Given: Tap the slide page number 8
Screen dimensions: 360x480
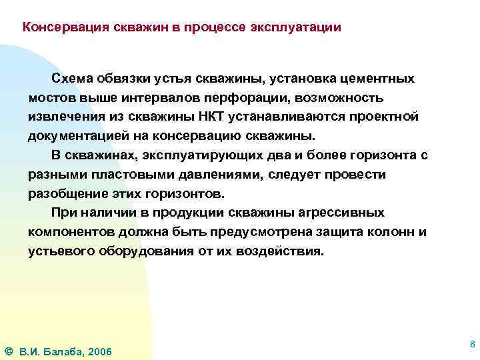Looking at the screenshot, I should tap(472, 345).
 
